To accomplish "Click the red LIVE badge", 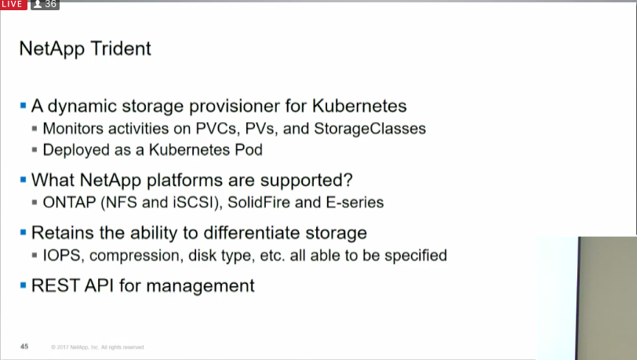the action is (13, 5).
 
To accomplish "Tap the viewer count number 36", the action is (50, 4).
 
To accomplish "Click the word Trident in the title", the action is (121, 49).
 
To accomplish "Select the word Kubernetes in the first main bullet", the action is (359, 106).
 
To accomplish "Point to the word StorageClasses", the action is (369, 129).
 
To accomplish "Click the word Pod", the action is (249, 150).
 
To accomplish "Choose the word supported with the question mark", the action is (306, 180).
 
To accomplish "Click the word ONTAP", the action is (69, 202).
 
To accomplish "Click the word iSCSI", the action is (198, 203).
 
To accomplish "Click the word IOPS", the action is (63, 256).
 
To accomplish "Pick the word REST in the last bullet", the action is (55, 285).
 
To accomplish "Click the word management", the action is (200, 286).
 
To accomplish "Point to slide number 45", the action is (24, 347).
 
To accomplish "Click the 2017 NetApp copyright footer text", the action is (98, 347).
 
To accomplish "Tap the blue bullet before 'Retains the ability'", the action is (24, 232).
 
